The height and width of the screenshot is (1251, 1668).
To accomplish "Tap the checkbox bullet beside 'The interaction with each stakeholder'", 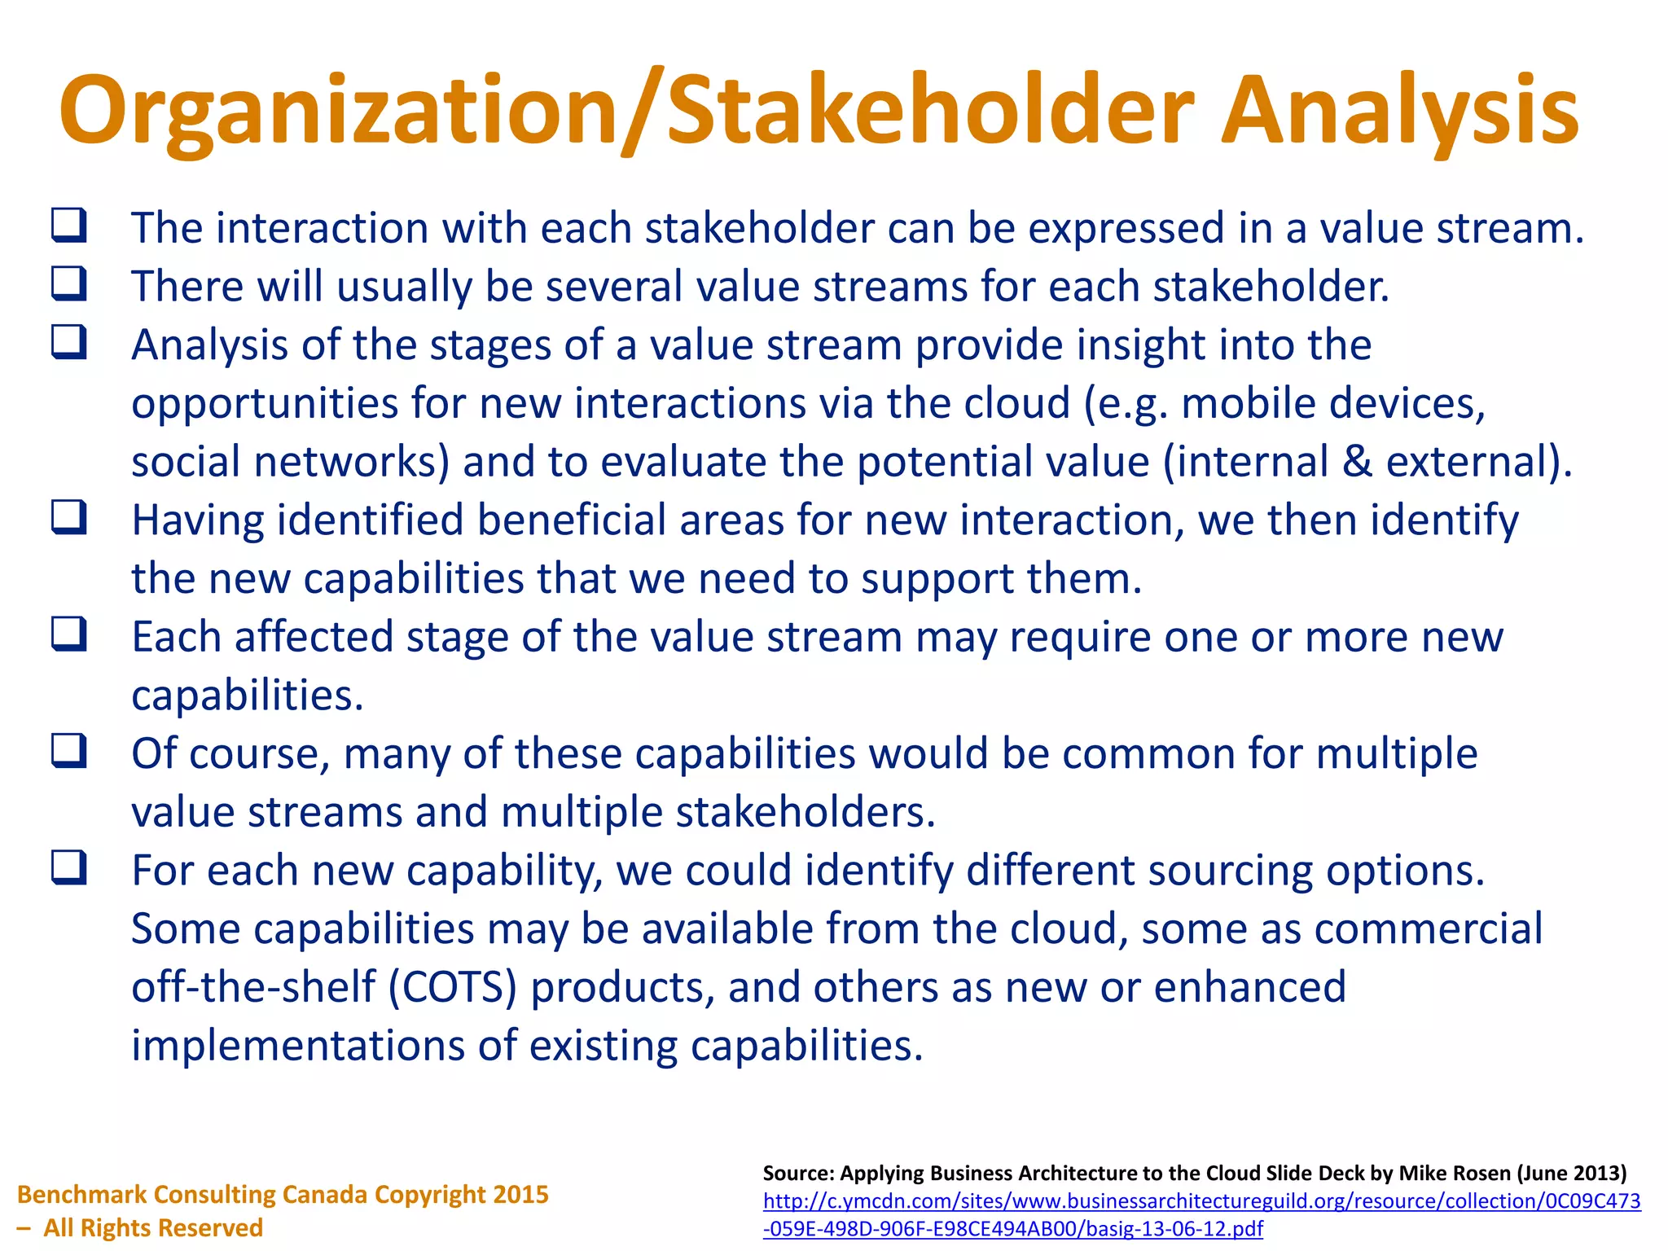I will (69, 226).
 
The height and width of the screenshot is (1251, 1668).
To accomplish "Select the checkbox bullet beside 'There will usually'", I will (69, 284).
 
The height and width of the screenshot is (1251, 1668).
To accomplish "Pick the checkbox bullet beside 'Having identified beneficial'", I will (69, 518).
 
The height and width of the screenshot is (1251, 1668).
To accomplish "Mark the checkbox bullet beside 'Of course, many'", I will (69, 751).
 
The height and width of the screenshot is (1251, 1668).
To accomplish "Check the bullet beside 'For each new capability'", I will (69, 867).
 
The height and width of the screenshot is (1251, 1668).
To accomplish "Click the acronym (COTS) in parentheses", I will (453, 987).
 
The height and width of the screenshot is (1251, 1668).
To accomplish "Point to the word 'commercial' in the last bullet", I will (1429, 928).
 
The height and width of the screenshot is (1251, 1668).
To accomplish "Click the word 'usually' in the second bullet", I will (404, 287).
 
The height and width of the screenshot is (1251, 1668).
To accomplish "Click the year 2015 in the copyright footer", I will (520, 1194).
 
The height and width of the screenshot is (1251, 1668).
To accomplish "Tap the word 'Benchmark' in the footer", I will (81, 1194).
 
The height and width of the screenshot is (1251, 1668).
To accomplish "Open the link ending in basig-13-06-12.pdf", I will (1012, 1228).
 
